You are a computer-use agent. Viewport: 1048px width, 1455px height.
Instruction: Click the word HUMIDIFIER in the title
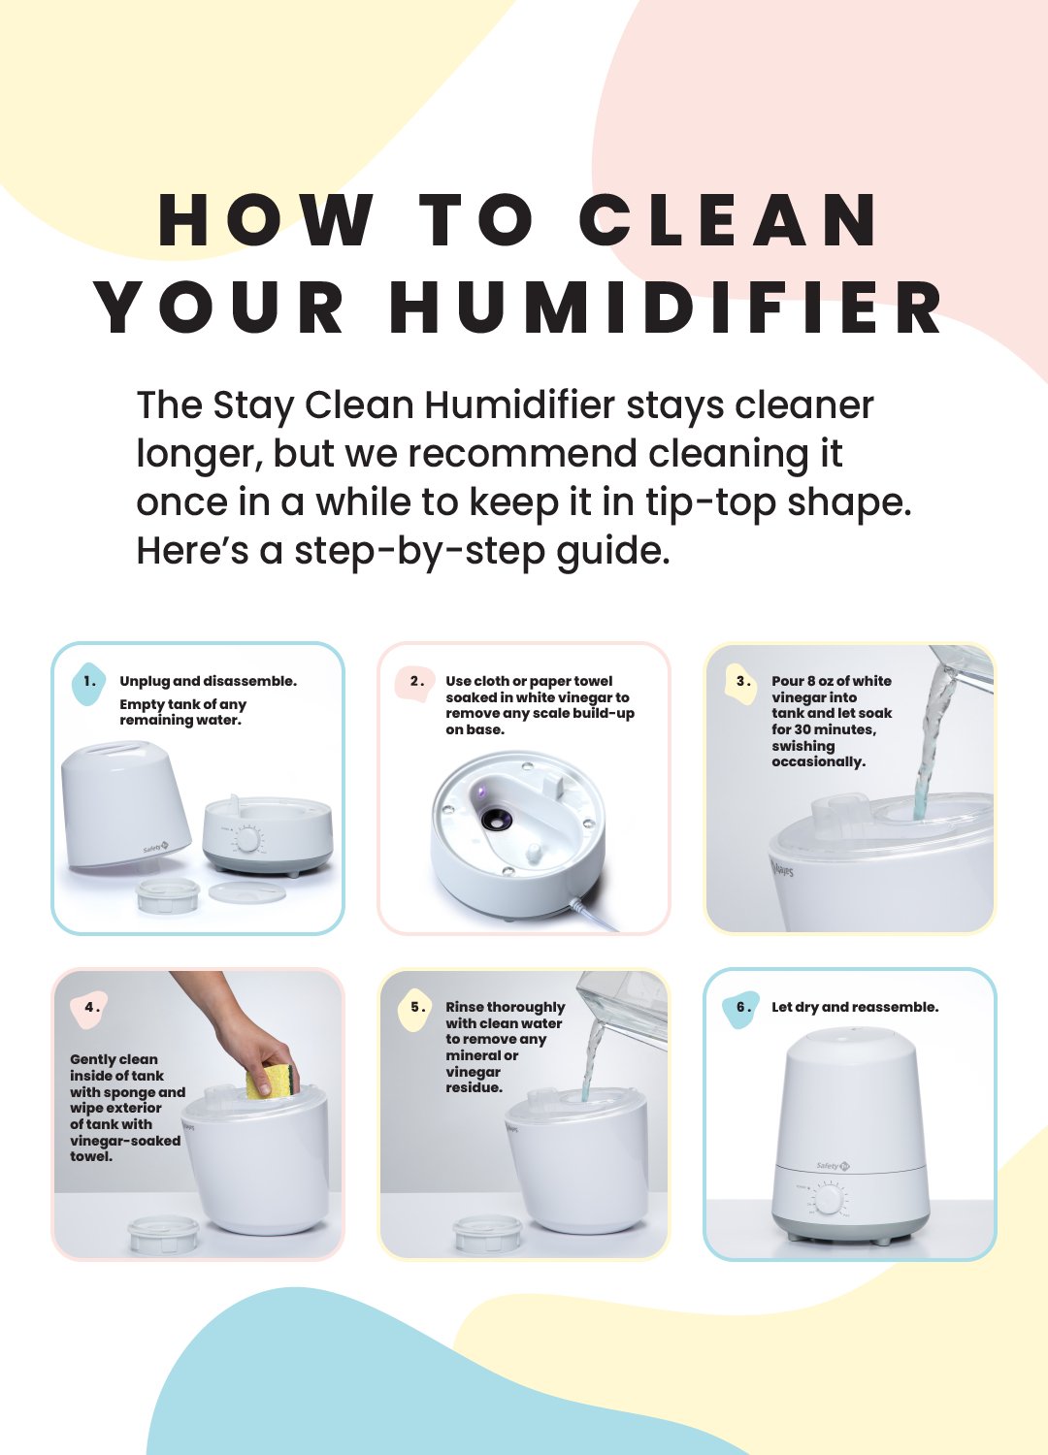point(666,307)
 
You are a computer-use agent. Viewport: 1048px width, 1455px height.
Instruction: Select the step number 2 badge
point(414,683)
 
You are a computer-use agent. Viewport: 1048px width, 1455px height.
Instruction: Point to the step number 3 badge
point(741,683)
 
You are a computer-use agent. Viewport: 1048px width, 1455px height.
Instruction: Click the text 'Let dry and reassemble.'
point(855,1008)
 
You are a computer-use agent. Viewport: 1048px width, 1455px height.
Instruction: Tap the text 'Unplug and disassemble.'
point(208,681)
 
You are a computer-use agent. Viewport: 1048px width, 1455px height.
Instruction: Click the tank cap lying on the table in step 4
point(163,1234)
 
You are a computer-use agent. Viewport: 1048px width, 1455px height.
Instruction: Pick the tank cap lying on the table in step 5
point(487,1234)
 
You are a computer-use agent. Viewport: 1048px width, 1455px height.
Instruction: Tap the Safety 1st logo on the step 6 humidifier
point(834,1165)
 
